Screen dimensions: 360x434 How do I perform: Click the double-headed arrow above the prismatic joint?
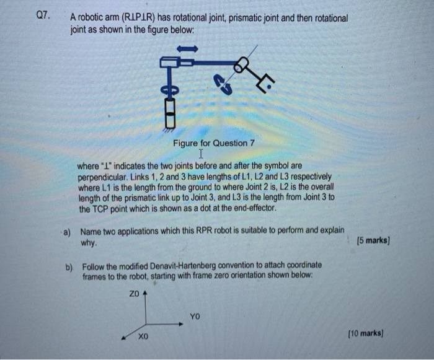pos(187,48)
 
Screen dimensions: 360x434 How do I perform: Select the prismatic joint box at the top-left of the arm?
pos(170,61)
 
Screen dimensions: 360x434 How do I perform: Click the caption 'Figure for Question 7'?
pos(214,143)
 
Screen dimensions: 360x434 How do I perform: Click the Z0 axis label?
pos(135,293)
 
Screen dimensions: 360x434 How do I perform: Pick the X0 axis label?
pos(143,337)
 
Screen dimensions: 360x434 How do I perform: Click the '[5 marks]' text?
pos(373,240)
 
